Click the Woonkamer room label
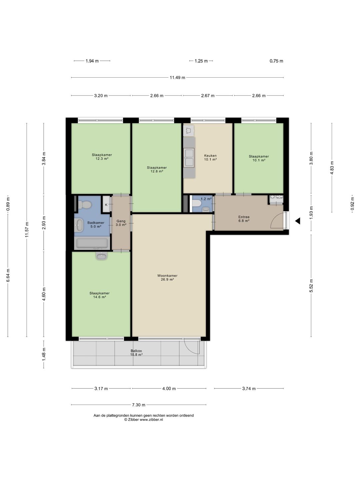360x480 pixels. (x=167, y=278)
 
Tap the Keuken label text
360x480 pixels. (x=210, y=157)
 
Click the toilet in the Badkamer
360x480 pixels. (x=85, y=205)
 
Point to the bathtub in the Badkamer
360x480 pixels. (x=92, y=243)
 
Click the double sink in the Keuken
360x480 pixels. (x=189, y=157)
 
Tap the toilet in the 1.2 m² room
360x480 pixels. (x=197, y=203)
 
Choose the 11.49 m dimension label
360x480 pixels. (x=177, y=77)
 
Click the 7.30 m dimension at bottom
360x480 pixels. (x=139, y=405)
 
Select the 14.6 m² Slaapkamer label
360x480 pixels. (x=99, y=295)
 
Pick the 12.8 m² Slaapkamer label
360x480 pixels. (x=157, y=169)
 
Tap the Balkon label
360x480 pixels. (x=136, y=353)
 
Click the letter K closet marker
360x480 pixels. (x=106, y=205)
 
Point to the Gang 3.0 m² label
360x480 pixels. (x=121, y=223)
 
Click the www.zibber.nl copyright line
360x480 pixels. (x=144, y=420)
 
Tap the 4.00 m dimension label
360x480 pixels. (x=169, y=389)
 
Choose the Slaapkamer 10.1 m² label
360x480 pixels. (x=259, y=158)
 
